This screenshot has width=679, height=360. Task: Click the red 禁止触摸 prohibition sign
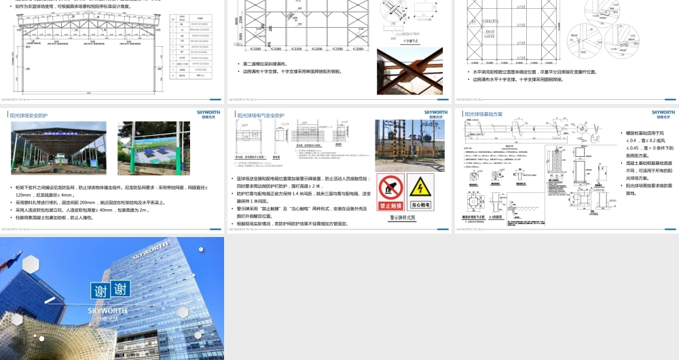tap(391, 192)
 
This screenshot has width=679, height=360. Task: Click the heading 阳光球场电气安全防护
tap(261, 115)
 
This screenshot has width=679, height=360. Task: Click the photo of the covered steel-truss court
tap(58, 148)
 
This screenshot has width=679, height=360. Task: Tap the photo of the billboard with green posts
tap(154, 148)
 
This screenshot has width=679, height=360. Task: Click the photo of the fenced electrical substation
tap(409, 145)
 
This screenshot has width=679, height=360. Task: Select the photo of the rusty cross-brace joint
tap(409, 71)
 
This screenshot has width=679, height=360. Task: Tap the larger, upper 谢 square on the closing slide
tap(101, 291)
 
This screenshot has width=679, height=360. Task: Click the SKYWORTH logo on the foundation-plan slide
tap(663, 112)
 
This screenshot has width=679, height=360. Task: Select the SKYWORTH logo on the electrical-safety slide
tap(435, 112)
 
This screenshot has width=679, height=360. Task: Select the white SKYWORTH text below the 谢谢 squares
tap(107, 310)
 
